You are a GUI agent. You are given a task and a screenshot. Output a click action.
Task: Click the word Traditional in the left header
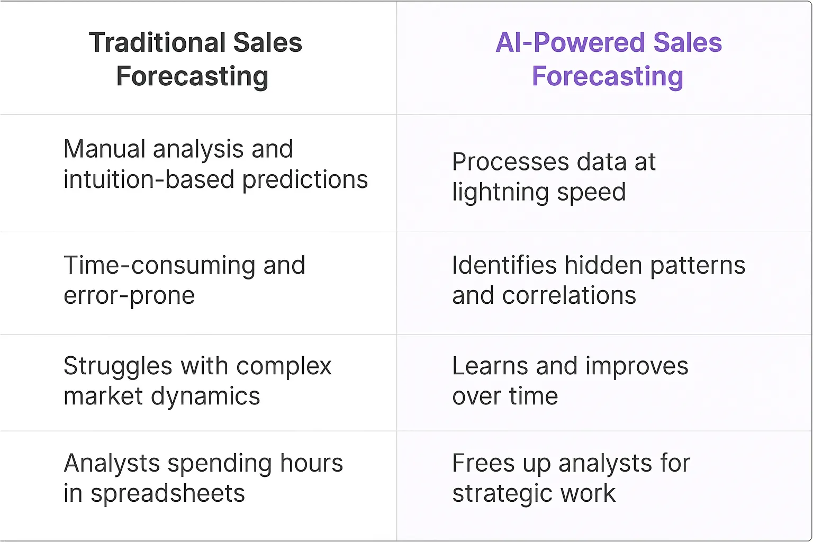[157, 43]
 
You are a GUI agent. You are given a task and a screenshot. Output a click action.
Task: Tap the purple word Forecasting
[608, 77]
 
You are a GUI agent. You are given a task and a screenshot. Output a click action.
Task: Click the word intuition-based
[149, 180]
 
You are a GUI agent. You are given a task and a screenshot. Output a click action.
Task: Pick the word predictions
[305, 180]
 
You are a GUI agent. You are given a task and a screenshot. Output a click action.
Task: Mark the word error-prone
[129, 296]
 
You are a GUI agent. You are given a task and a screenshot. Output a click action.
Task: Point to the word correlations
[569, 296]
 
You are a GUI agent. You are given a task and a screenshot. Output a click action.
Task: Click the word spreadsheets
[168, 494]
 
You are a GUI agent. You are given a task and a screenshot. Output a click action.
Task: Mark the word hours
[312, 463]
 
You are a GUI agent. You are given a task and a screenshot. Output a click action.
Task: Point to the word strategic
[502, 494]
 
